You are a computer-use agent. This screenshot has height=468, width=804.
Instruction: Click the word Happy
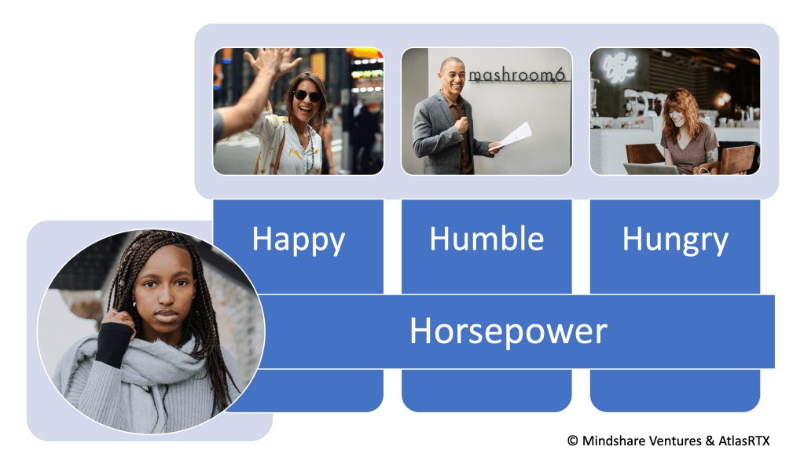(298, 239)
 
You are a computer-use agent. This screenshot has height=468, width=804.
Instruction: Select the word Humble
(486, 239)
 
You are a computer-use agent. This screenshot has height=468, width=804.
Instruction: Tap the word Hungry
(675, 239)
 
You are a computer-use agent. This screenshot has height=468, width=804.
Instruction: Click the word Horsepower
(508, 331)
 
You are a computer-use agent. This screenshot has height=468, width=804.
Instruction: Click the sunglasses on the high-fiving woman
(307, 96)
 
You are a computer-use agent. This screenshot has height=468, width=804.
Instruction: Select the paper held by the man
(514, 134)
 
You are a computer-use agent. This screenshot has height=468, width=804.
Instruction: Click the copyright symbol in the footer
(572, 441)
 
